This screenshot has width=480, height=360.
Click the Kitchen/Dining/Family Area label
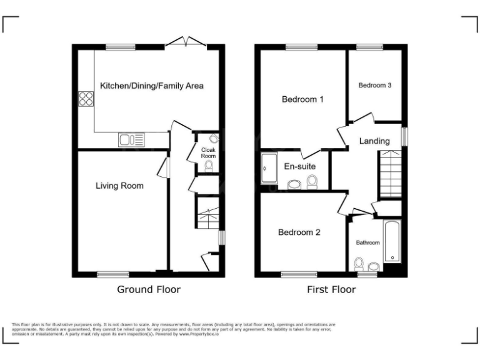click(151, 86)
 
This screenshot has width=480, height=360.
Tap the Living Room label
click(119, 186)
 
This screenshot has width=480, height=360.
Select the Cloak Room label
click(208, 152)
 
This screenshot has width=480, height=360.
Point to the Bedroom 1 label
click(302, 99)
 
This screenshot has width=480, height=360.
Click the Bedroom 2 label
click(299, 232)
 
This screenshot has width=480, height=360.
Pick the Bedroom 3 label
click(375, 86)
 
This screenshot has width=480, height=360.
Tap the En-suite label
click(299, 167)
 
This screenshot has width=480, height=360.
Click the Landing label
click(374, 141)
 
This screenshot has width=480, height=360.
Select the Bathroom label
click(368, 242)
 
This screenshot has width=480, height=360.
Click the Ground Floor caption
click(149, 289)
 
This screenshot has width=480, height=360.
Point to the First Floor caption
click(331, 289)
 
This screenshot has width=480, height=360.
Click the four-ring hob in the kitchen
click(86, 99)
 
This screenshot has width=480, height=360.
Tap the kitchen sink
click(131, 140)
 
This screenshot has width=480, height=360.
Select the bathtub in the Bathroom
click(391, 241)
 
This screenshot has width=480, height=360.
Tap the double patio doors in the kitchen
click(187, 43)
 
